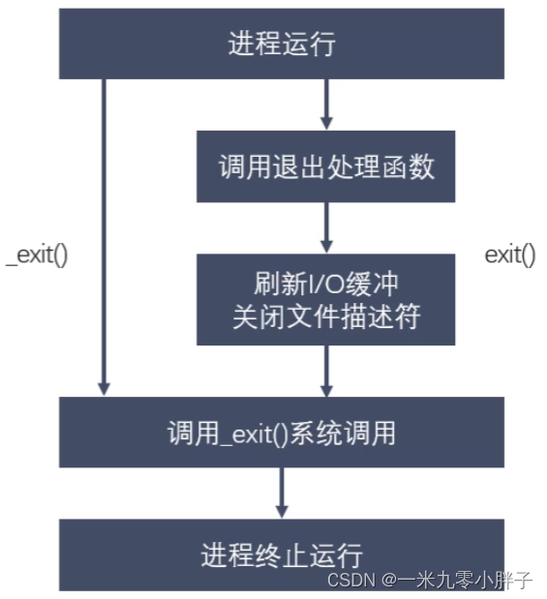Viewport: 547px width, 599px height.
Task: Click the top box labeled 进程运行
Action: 282,44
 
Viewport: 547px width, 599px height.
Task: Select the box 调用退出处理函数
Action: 326,166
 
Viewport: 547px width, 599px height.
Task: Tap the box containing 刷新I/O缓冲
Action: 326,300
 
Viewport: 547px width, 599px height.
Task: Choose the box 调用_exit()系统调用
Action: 282,432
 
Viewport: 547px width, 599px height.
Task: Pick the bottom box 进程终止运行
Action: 282,554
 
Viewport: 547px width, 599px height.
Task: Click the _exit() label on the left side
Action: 37,255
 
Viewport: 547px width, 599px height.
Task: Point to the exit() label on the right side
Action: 510,255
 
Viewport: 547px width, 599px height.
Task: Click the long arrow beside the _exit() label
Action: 104,237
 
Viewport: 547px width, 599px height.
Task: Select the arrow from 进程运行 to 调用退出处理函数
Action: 326,105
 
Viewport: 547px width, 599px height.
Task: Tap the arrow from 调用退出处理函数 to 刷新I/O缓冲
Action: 326,227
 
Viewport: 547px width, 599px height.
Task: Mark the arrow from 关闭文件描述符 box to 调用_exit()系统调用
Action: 326,371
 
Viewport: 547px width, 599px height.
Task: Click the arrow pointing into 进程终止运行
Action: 282,493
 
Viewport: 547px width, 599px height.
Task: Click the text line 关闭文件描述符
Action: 326,316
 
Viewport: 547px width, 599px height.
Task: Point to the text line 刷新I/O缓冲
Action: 326,284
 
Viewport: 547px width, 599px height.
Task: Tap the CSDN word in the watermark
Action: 351,580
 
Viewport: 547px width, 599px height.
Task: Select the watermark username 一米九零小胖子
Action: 465,580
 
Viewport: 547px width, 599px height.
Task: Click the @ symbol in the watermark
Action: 388,581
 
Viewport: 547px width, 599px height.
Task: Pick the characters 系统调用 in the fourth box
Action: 343,433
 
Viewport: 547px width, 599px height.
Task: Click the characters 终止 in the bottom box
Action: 282,555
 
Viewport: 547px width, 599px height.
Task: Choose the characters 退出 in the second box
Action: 298,167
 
